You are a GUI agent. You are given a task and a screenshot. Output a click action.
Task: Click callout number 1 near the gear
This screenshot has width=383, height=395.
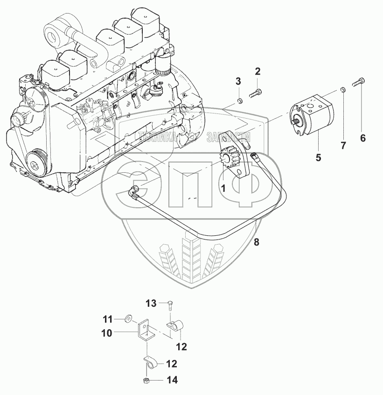(x=223, y=189)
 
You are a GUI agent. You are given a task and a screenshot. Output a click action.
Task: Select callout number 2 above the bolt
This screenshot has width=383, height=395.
(x=257, y=71)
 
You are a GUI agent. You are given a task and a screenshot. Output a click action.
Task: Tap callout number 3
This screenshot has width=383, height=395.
(x=238, y=81)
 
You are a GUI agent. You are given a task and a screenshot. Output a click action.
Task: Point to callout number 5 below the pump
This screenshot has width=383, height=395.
(x=318, y=157)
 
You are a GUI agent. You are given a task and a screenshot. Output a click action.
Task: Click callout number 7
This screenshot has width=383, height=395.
(x=343, y=146)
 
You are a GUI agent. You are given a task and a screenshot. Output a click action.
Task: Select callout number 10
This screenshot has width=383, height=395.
(x=107, y=333)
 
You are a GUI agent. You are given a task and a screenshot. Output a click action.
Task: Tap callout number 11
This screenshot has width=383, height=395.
(x=108, y=319)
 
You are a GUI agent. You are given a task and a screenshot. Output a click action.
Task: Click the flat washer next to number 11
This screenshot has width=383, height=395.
(x=128, y=319)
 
